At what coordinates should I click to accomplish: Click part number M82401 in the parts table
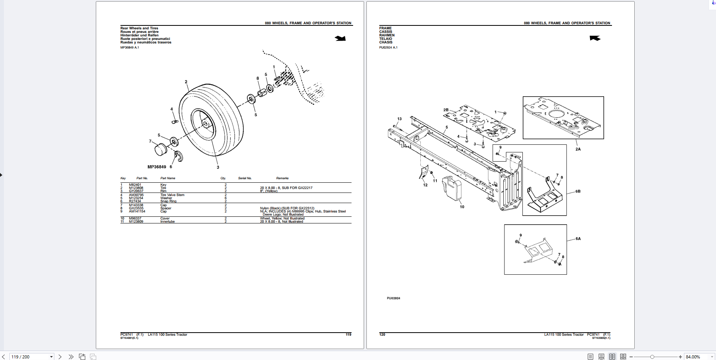coord(135,185)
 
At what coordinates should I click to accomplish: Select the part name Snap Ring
coord(168,201)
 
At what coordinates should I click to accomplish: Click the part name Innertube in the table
coord(167,221)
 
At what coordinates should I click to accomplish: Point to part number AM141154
coord(137,211)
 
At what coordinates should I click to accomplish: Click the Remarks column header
coord(282,178)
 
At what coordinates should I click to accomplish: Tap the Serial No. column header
coord(245,178)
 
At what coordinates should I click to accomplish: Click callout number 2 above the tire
coord(186,82)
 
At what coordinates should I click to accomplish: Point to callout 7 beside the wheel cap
coord(150,141)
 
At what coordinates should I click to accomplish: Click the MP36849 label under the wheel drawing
coord(156,167)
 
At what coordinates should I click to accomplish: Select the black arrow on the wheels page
coord(340,38)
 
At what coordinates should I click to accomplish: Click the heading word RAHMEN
coord(387,35)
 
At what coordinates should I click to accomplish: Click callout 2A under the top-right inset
coord(578,149)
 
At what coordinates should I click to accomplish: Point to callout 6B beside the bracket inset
coord(578,191)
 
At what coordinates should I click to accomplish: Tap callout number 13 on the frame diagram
coord(399,119)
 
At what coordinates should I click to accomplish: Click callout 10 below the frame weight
coord(462,207)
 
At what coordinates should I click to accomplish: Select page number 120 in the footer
coord(382,335)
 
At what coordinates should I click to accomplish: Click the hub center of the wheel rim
coord(205,124)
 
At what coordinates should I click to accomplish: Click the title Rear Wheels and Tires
coord(139,28)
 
